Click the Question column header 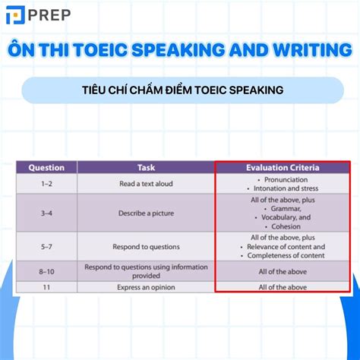click(x=46, y=167)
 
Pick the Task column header click(x=146, y=167)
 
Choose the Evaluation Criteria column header click(x=283, y=167)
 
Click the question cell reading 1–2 click(x=46, y=183)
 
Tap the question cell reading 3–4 click(x=46, y=213)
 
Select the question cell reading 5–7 click(x=46, y=246)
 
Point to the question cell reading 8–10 click(x=46, y=270)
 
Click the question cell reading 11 click(x=46, y=287)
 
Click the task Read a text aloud click(x=146, y=183)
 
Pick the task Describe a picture click(x=146, y=213)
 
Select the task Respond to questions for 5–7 click(x=146, y=246)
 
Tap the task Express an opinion click(x=146, y=287)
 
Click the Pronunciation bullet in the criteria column click(x=283, y=179)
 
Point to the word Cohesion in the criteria click(x=284, y=226)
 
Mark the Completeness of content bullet click(x=284, y=255)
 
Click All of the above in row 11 click(x=283, y=287)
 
